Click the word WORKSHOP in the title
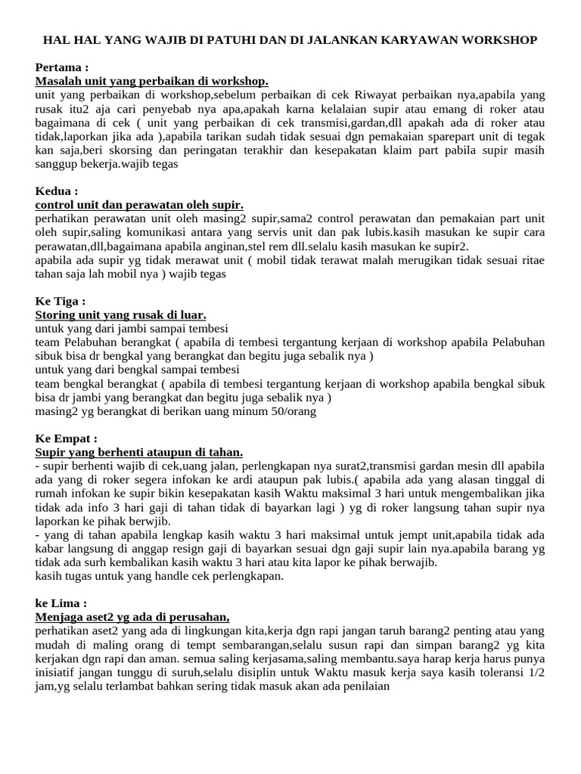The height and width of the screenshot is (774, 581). [499, 39]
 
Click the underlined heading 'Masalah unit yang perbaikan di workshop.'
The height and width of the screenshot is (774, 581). [151, 81]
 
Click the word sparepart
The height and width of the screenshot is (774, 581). [446, 136]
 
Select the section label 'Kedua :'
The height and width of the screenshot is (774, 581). [57, 190]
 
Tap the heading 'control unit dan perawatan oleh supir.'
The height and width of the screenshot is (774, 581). [139, 204]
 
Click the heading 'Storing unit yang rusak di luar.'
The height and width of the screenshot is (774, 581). [121, 314]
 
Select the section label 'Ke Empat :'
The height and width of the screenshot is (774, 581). [67, 438]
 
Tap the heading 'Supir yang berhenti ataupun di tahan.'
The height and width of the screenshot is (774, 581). [139, 452]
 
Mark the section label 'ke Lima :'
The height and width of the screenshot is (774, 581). [61, 603]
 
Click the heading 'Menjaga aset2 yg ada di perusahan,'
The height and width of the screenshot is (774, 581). [132, 617]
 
